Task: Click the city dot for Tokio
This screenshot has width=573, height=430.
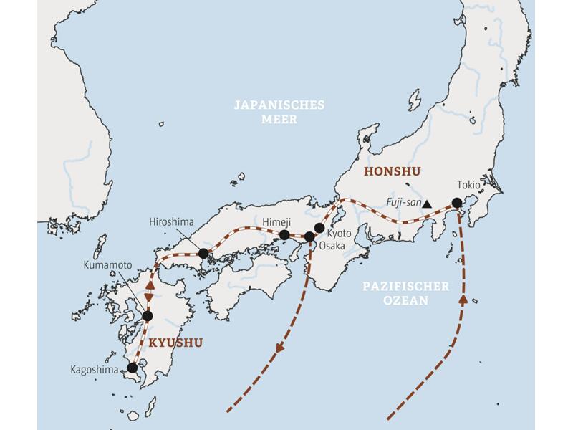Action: click(x=457, y=203)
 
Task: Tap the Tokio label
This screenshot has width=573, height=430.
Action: click(x=469, y=185)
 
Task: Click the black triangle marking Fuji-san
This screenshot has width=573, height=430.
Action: click(x=427, y=204)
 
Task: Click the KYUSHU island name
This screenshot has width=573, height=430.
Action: click(x=175, y=343)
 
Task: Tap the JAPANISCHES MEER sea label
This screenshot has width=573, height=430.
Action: click(x=279, y=112)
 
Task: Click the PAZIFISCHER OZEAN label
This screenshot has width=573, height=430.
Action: click(x=405, y=293)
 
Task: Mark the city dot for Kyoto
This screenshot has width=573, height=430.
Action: click(x=319, y=228)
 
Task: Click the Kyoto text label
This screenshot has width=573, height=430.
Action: click(x=340, y=234)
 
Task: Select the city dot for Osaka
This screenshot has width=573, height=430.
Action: click(x=309, y=236)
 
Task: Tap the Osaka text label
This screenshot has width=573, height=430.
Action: click(x=340, y=246)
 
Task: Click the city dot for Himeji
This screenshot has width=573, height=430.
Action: click(x=284, y=235)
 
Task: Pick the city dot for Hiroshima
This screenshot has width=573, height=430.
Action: click(x=203, y=253)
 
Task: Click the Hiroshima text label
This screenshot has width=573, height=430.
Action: click(x=172, y=223)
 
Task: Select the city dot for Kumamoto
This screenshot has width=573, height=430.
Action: click(x=148, y=316)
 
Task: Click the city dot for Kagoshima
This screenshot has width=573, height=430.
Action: click(x=132, y=368)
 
